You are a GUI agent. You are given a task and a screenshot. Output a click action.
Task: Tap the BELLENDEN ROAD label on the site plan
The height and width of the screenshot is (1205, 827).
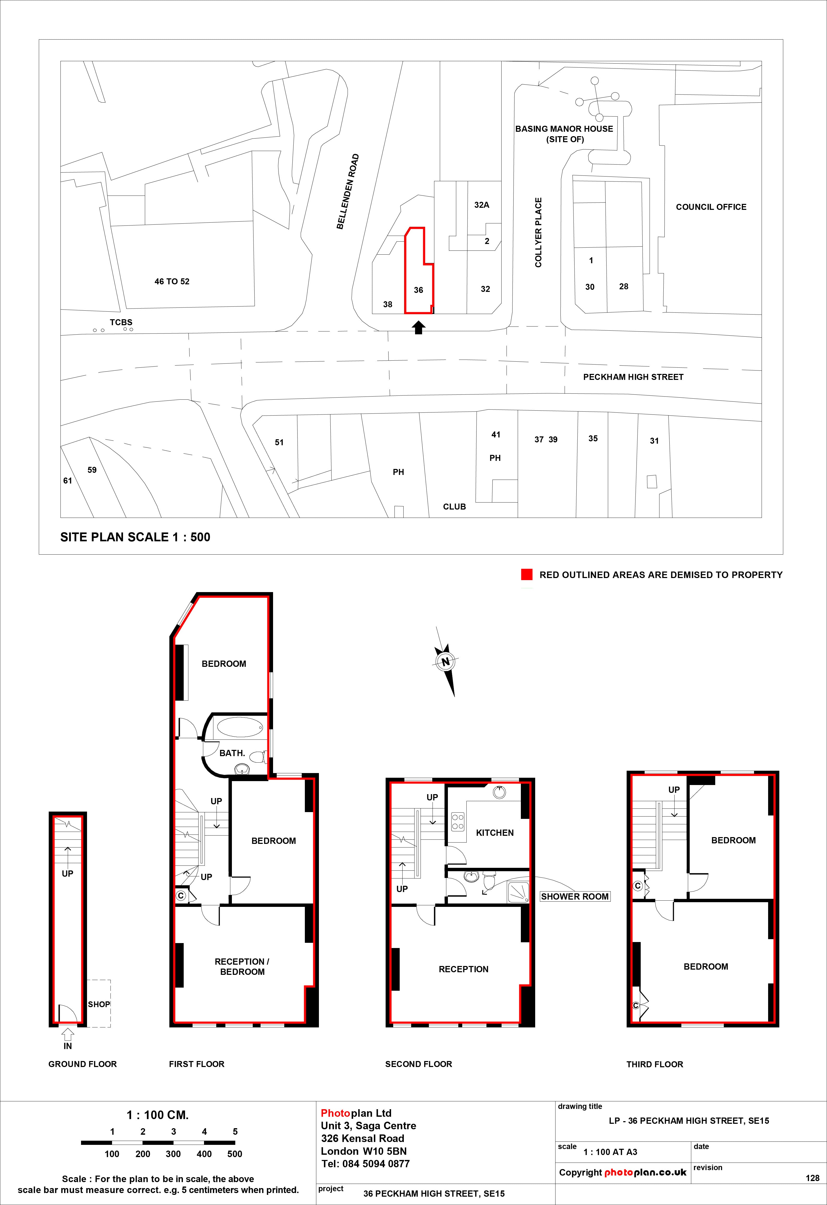click(348, 191)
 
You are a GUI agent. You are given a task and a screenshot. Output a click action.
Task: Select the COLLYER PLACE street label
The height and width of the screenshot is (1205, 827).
click(539, 232)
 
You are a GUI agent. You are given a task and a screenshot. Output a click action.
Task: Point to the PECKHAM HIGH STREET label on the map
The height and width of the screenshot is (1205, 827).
click(633, 377)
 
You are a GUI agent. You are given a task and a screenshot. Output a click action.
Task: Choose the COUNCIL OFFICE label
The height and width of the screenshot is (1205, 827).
click(711, 207)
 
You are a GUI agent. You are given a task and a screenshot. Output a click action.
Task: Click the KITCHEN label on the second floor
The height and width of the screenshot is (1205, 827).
click(495, 833)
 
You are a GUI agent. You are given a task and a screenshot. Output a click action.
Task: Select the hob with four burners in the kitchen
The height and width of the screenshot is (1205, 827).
click(458, 821)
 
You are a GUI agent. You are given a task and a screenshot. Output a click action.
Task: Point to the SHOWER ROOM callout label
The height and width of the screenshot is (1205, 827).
click(574, 896)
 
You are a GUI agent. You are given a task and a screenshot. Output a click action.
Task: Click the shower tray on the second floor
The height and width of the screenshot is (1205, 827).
click(518, 892)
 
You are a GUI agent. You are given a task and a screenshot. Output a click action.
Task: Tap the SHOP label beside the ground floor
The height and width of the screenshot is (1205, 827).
click(98, 1004)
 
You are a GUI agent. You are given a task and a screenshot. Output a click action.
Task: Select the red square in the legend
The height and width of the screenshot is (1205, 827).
click(527, 574)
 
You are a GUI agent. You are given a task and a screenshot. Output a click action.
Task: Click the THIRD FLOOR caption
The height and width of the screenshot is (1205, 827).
click(655, 1064)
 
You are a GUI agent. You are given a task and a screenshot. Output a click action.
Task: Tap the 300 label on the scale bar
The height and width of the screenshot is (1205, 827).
click(173, 1154)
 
